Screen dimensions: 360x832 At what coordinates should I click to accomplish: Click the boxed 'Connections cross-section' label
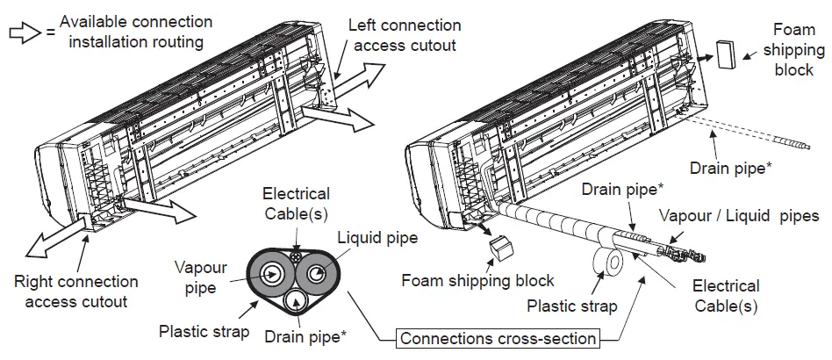pyautogui.click(x=498, y=338)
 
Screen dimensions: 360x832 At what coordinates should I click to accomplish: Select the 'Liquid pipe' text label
pyautogui.click(x=378, y=237)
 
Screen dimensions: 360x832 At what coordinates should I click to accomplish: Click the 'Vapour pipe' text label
pyautogui.click(x=200, y=276)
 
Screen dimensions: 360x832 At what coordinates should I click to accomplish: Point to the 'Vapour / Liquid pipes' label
pyautogui.click(x=739, y=215)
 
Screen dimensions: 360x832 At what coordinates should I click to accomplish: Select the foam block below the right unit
pyautogui.click(x=501, y=248)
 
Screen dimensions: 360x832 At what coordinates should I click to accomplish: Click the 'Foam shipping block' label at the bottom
pyautogui.click(x=477, y=281)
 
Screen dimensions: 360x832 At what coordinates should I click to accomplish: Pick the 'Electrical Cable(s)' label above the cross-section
pyautogui.click(x=296, y=203)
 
